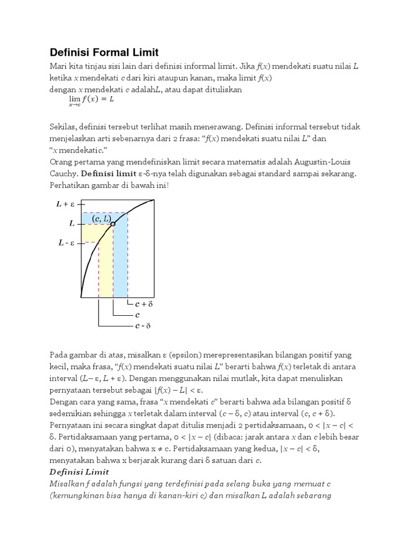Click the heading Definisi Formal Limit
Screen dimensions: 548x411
click(x=104, y=52)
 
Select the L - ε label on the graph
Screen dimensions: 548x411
click(x=67, y=243)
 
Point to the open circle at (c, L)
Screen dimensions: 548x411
click(x=113, y=224)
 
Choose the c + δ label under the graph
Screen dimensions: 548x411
click(x=143, y=303)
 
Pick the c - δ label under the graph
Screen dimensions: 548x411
click(x=143, y=325)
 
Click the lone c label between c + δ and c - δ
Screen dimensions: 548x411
click(x=138, y=315)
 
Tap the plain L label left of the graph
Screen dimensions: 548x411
click(x=72, y=224)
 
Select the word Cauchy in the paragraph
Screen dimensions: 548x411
click(x=63, y=174)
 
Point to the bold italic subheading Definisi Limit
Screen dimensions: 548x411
click(x=79, y=471)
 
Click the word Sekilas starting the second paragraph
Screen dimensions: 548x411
click(x=64, y=127)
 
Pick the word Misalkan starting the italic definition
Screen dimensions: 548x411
click(x=67, y=484)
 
